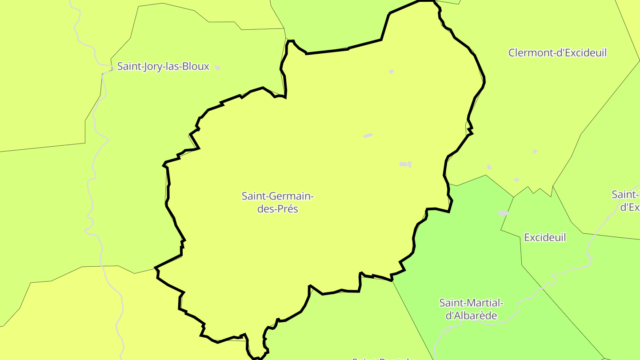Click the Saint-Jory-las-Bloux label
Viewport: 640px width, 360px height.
pyautogui.click(x=163, y=67)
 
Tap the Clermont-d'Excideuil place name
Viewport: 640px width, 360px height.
pyautogui.click(x=557, y=53)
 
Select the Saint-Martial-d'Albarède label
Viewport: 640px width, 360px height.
pyautogui.click(x=471, y=309)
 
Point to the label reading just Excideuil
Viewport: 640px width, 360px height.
pyautogui.click(x=545, y=237)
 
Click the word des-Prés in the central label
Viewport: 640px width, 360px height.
pyautogui.click(x=278, y=209)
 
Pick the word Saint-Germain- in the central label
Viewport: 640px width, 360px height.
pyautogui.click(x=278, y=196)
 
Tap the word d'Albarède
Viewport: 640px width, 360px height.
pyautogui.click(x=471, y=316)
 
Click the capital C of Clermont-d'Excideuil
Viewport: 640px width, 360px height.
pyautogui.click(x=512, y=53)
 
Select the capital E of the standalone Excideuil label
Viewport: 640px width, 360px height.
pyautogui.click(x=527, y=237)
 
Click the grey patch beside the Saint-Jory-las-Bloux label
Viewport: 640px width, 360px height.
pyautogui.click(x=217, y=68)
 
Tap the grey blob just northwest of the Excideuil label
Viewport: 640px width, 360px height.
pyautogui.click(x=504, y=213)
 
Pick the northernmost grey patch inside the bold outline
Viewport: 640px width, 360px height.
pyautogui.click(x=391, y=71)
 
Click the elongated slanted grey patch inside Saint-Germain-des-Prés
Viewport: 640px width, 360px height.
pyautogui.click(x=368, y=136)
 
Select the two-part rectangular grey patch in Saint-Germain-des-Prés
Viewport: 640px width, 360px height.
pyautogui.click(x=405, y=164)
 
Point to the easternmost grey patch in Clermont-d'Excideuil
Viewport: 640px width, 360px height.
pyautogui.click(x=535, y=152)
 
